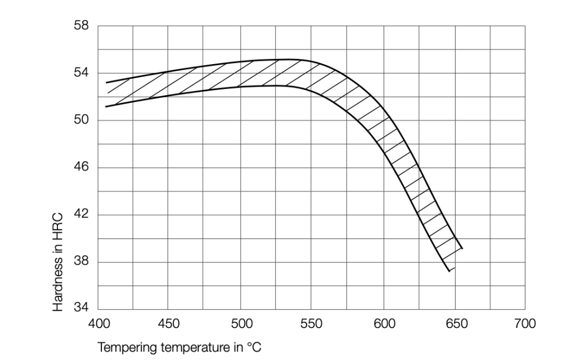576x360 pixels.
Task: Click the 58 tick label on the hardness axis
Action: point(82,26)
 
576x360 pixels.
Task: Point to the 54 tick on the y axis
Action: point(82,73)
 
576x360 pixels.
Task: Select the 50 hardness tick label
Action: point(82,120)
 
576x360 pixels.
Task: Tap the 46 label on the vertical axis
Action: point(82,168)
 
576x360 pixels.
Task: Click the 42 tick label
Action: point(82,215)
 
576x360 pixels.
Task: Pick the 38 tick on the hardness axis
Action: point(82,262)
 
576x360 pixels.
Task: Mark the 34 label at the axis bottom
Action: point(82,309)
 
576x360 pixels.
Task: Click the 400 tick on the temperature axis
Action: point(98,324)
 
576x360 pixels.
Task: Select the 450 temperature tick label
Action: point(169,324)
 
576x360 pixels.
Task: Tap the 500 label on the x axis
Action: point(240,324)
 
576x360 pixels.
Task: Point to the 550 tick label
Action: point(311,324)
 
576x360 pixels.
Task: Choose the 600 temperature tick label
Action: point(382,324)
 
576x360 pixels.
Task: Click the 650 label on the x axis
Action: point(453,324)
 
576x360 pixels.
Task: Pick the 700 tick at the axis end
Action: point(524,324)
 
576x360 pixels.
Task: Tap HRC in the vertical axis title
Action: point(58,224)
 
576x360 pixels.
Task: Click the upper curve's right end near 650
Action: point(462,247)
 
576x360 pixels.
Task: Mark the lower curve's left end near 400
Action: point(106,106)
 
